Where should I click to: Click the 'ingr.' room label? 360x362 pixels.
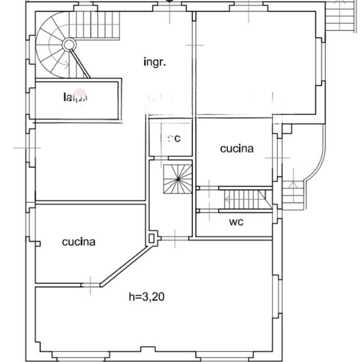[155, 62]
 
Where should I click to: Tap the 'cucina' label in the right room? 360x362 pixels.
[237, 148]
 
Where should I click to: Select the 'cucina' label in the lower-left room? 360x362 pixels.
[79, 242]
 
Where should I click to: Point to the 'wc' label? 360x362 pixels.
[236, 222]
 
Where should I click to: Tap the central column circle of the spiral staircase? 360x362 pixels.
[69, 44]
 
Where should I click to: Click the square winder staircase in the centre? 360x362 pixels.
[178, 179]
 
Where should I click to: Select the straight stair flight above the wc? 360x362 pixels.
[245, 199]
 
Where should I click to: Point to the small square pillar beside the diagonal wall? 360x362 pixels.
[152, 237]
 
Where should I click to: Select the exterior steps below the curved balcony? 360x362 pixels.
[293, 197]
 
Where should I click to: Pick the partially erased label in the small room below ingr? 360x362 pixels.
[171, 138]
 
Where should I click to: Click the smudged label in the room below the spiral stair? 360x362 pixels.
[75, 96]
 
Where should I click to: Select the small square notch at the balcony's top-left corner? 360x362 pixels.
[286, 129]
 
